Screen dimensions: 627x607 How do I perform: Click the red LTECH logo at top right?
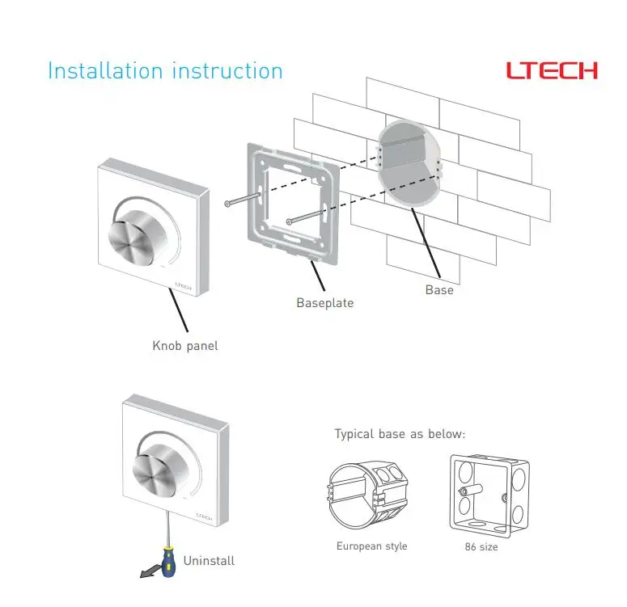coord(552,71)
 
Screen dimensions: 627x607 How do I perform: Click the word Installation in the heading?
coord(105,71)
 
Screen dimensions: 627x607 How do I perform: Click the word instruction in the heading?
coord(227,71)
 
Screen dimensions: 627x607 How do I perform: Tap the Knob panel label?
coord(185,346)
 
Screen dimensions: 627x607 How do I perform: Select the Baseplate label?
coord(325,303)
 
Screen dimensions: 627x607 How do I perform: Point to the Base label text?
coord(439,290)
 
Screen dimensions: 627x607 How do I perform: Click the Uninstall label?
coord(209,561)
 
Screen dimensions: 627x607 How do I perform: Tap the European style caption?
coord(372,546)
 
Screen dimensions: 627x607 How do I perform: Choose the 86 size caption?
coord(481,546)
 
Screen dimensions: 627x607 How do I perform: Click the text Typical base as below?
coord(400,434)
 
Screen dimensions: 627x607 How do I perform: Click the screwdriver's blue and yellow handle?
coord(168,562)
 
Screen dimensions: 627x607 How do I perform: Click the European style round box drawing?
coord(368,495)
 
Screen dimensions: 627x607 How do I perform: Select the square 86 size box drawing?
coord(489,496)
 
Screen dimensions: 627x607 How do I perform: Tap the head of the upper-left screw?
coord(227,204)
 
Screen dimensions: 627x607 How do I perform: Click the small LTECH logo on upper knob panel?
coord(183,286)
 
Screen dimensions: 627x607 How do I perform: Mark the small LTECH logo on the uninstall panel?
coord(204,516)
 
